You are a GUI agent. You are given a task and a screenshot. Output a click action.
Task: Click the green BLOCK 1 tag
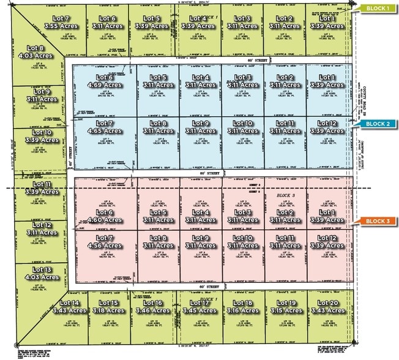[x=378, y=9]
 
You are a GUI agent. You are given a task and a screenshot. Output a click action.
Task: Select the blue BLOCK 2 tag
[x=378, y=124]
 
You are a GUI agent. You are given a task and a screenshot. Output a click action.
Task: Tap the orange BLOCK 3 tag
[x=378, y=220]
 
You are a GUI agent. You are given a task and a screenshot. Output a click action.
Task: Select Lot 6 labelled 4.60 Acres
[x=105, y=216]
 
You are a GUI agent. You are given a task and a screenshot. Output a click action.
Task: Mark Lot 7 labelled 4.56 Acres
[x=105, y=242]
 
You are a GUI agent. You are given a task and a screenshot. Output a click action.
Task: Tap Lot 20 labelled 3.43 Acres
[x=330, y=307]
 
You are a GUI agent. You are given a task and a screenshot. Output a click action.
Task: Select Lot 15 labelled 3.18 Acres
[x=110, y=307]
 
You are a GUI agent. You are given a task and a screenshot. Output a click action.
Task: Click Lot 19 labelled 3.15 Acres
[x=286, y=307]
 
